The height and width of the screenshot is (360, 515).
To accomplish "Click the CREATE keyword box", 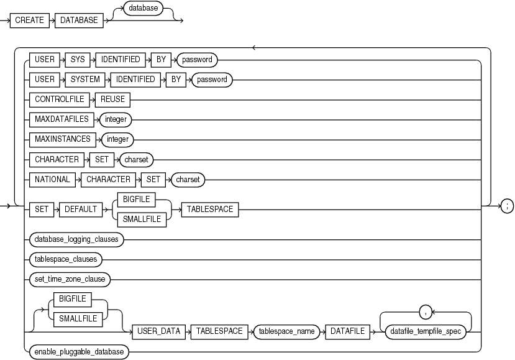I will (30, 21).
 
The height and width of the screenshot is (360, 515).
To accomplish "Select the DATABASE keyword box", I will (79, 21).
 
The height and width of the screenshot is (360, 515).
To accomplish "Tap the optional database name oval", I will (142, 8).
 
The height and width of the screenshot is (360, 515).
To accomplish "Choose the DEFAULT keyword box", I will (81, 209).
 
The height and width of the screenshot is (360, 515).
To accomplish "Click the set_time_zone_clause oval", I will (69, 279).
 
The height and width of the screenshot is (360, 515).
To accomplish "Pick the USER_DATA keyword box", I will (158, 331).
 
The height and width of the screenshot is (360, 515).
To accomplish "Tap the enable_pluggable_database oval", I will (77, 351).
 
